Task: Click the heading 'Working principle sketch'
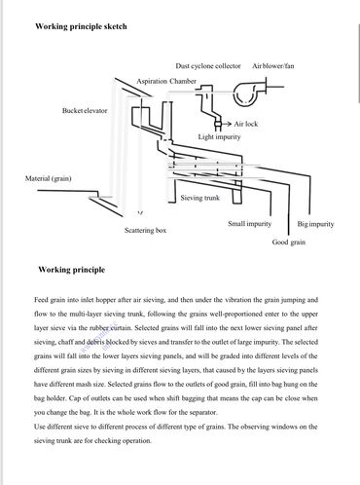[81, 26]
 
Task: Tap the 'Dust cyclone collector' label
[208, 66]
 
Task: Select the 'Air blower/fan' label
[273, 66]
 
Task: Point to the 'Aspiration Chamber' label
[166, 81]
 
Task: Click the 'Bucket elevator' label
[85, 110]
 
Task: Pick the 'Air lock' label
[246, 124]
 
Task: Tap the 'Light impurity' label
[219, 137]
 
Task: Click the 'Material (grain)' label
[48, 178]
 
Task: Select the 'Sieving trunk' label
[200, 198]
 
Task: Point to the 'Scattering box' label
[145, 230]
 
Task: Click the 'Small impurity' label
[249, 224]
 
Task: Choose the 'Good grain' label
[289, 242]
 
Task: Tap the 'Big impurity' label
[315, 224]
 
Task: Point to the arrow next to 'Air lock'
[227, 124]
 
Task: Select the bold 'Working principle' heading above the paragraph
[72, 270]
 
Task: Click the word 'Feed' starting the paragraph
[41, 300]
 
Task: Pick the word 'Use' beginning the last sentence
[40, 427]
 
